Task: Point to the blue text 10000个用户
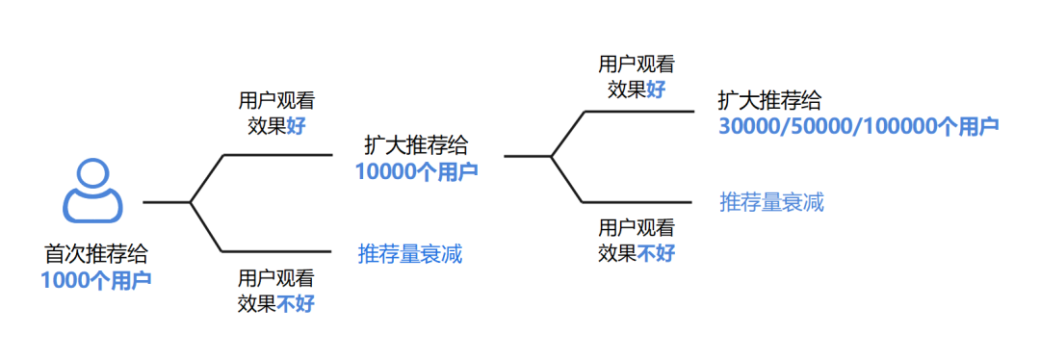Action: [x=416, y=171]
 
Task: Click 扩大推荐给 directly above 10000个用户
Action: [x=416, y=145]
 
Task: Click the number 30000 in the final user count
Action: [x=750, y=126]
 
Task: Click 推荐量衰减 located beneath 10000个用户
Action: [x=410, y=255]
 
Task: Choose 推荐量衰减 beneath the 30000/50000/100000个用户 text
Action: [x=771, y=202]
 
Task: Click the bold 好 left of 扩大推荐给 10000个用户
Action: [x=295, y=126]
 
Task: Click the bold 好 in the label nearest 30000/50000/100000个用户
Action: [x=655, y=90]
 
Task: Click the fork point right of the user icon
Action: [x=190, y=202]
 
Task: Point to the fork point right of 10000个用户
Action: [x=551, y=156]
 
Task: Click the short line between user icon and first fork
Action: [x=166, y=202]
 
